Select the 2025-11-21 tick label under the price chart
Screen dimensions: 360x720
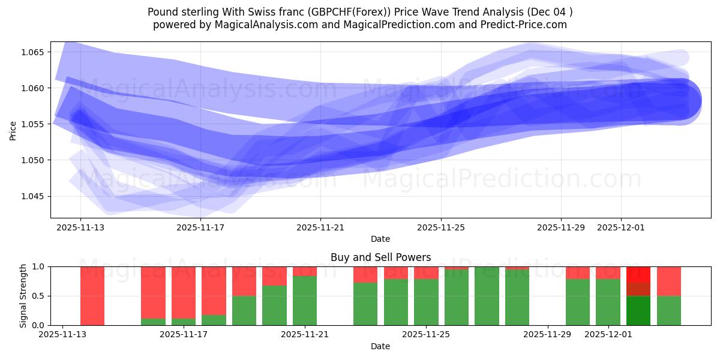pos(320,227)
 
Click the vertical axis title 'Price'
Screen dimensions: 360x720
pos(13,130)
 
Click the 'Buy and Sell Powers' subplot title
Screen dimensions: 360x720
pos(380,257)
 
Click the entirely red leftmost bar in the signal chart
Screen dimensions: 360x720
pos(92,296)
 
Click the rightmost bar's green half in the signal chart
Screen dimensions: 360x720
pos(668,310)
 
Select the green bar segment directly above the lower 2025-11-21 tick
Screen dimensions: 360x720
pos(305,301)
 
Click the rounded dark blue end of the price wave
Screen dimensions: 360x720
pos(684,101)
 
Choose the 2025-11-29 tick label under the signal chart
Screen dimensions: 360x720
pos(548,334)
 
